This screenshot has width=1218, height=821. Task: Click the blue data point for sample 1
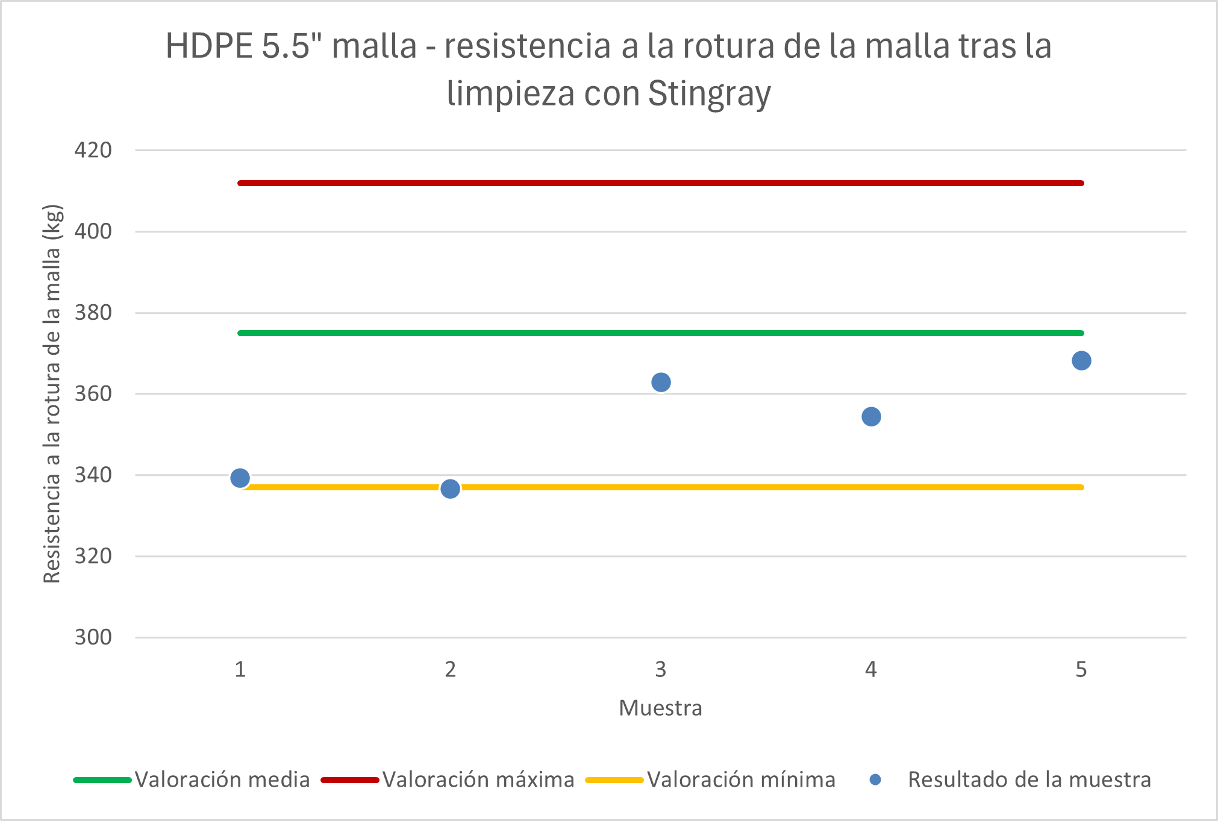(240, 478)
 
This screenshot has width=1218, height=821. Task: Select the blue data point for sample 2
(450, 489)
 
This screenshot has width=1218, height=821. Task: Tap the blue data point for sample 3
(661, 382)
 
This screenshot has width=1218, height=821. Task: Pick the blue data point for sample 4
(871, 417)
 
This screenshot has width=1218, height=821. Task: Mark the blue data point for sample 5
(1081, 361)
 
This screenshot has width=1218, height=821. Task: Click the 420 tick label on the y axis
(93, 150)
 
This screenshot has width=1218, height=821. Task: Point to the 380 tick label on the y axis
(93, 313)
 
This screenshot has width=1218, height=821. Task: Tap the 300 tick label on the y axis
(93, 637)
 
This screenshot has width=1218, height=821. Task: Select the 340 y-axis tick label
(93, 475)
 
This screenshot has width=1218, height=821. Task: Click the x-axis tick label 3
(661, 670)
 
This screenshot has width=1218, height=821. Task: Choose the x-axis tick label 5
(1081, 670)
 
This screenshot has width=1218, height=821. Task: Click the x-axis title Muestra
(661, 708)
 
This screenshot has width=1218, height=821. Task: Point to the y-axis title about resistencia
(52, 394)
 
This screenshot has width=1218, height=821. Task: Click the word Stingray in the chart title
(709, 94)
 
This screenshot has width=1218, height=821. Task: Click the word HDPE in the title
(208, 46)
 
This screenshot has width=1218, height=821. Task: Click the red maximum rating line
(661, 183)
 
